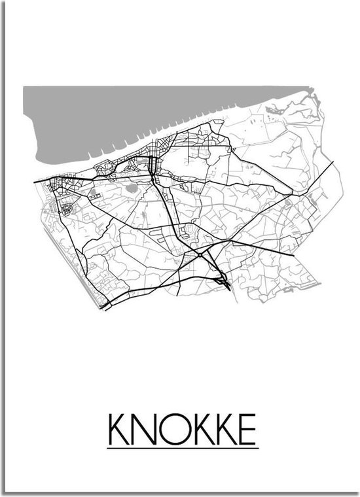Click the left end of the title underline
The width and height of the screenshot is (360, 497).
point(108,447)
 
